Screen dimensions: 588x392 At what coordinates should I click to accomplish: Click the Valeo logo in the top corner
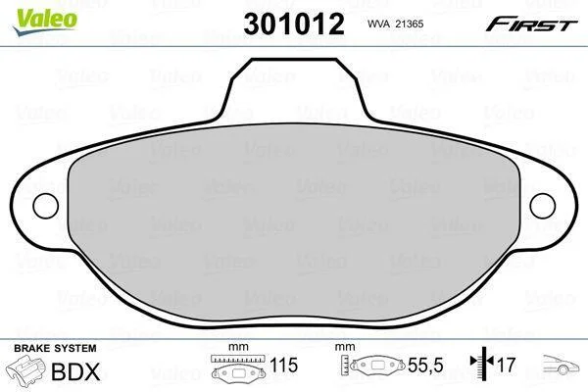(45, 22)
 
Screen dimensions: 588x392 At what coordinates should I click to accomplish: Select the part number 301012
(294, 24)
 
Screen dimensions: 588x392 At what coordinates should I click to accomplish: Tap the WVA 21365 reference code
(395, 24)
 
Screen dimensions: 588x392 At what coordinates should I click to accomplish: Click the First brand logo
(531, 24)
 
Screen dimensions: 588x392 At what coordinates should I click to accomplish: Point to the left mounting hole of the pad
(46, 206)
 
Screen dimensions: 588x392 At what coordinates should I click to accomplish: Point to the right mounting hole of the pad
(542, 206)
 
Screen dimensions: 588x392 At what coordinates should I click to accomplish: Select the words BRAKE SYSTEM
(55, 348)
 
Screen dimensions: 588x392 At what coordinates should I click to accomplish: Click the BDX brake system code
(75, 371)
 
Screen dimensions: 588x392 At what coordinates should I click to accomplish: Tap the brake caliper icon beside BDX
(25, 369)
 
